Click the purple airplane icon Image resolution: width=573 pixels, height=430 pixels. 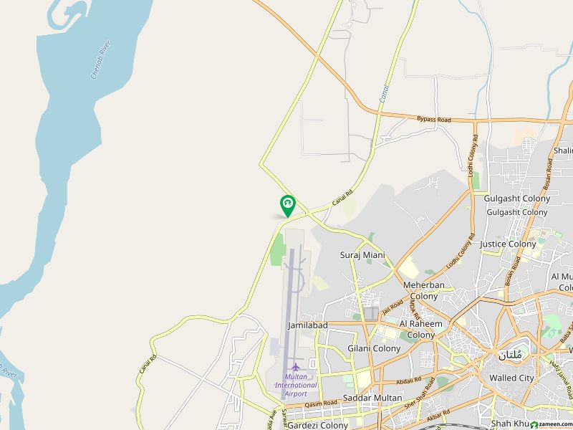(x=295, y=367)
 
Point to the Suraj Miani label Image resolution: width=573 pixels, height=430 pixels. (x=362, y=255)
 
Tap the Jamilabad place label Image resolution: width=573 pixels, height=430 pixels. (x=307, y=325)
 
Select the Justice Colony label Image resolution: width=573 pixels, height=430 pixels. (x=508, y=244)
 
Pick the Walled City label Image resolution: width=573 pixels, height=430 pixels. (x=511, y=378)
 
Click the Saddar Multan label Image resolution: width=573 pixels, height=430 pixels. (x=372, y=398)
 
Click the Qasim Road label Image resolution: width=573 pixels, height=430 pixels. (x=320, y=404)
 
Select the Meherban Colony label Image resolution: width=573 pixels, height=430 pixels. (x=420, y=290)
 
